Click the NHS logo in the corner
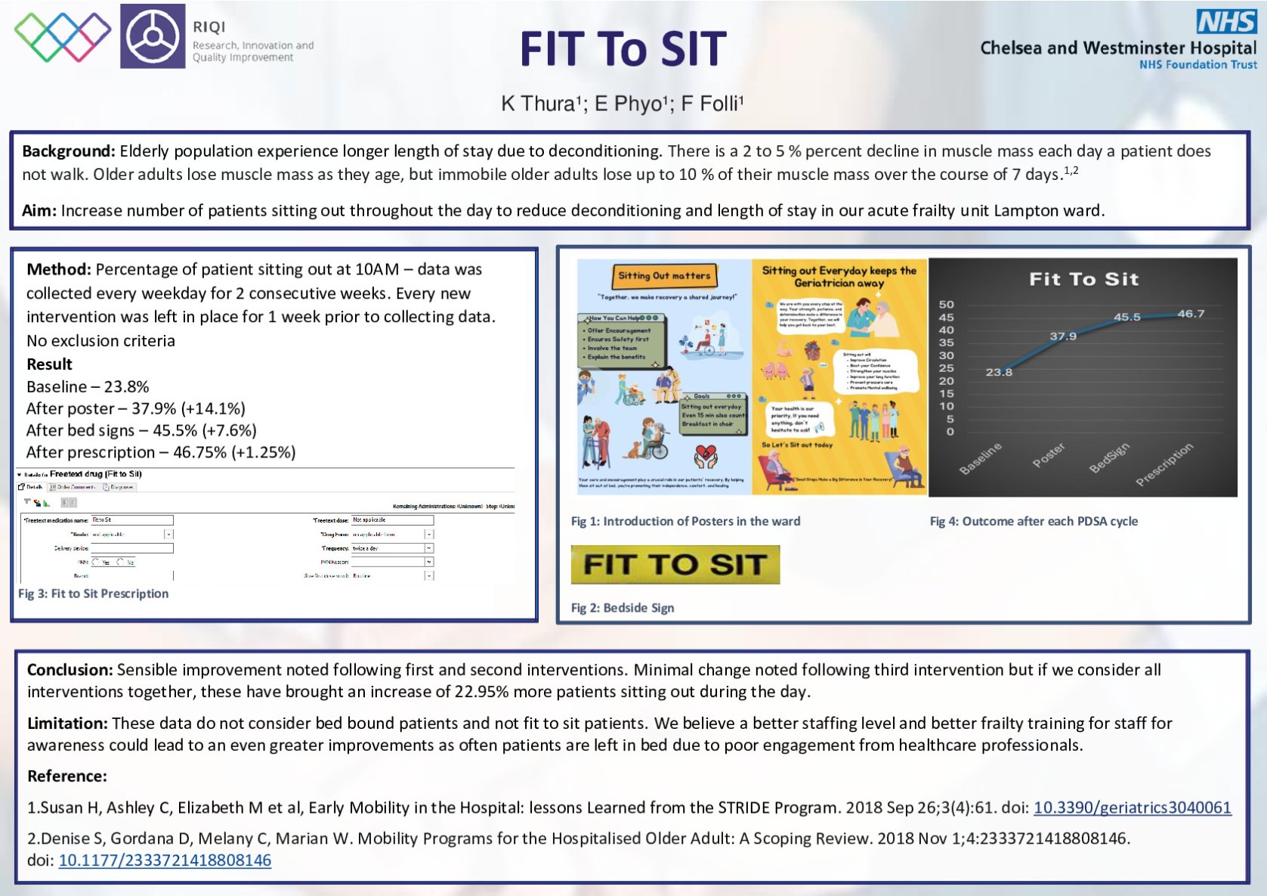1226,22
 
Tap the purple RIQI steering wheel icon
153,36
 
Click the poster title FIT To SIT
623,50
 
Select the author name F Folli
712,104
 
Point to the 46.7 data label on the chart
1191,314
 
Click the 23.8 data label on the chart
999,372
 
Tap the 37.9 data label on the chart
1063,336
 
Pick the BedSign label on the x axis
1109,457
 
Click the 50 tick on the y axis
946,304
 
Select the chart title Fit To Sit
1083,279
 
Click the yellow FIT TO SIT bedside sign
675,565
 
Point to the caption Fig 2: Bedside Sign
623,608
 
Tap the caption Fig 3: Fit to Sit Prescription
94,594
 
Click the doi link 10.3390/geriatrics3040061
1132,808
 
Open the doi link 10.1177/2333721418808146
165,860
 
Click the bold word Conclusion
70,670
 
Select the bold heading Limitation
67,724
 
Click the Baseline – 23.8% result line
88,386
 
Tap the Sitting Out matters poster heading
664,276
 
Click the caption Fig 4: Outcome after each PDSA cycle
1034,521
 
